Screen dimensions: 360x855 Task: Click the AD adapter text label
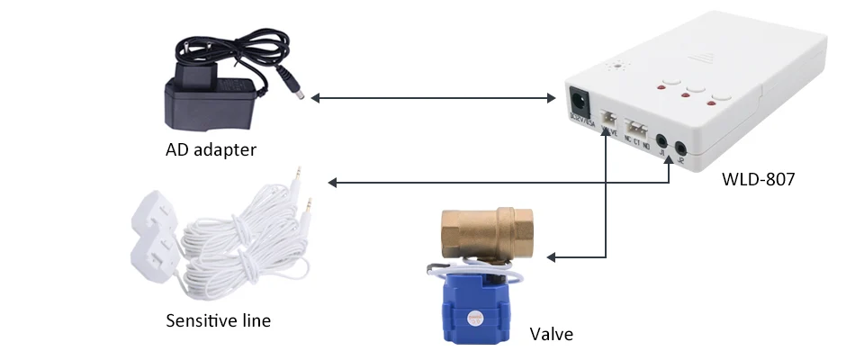[x=211, y=149]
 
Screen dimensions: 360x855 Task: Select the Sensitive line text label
[x=218, y=320]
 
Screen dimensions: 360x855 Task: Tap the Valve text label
[x=550, y=335]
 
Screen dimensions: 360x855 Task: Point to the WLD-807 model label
[x=758, y=179]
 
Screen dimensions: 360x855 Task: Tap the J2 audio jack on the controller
[x=681, y=146]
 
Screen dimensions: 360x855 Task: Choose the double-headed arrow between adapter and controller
[x=432, y=97]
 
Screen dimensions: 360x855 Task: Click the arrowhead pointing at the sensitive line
[x=333, y=183]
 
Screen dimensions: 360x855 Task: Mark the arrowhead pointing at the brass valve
[x=553, y=258]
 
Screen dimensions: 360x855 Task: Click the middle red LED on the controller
[x=687, y=100]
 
